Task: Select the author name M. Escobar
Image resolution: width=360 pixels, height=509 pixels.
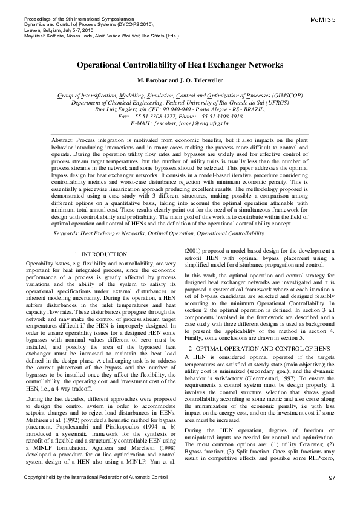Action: click(157, 80)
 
